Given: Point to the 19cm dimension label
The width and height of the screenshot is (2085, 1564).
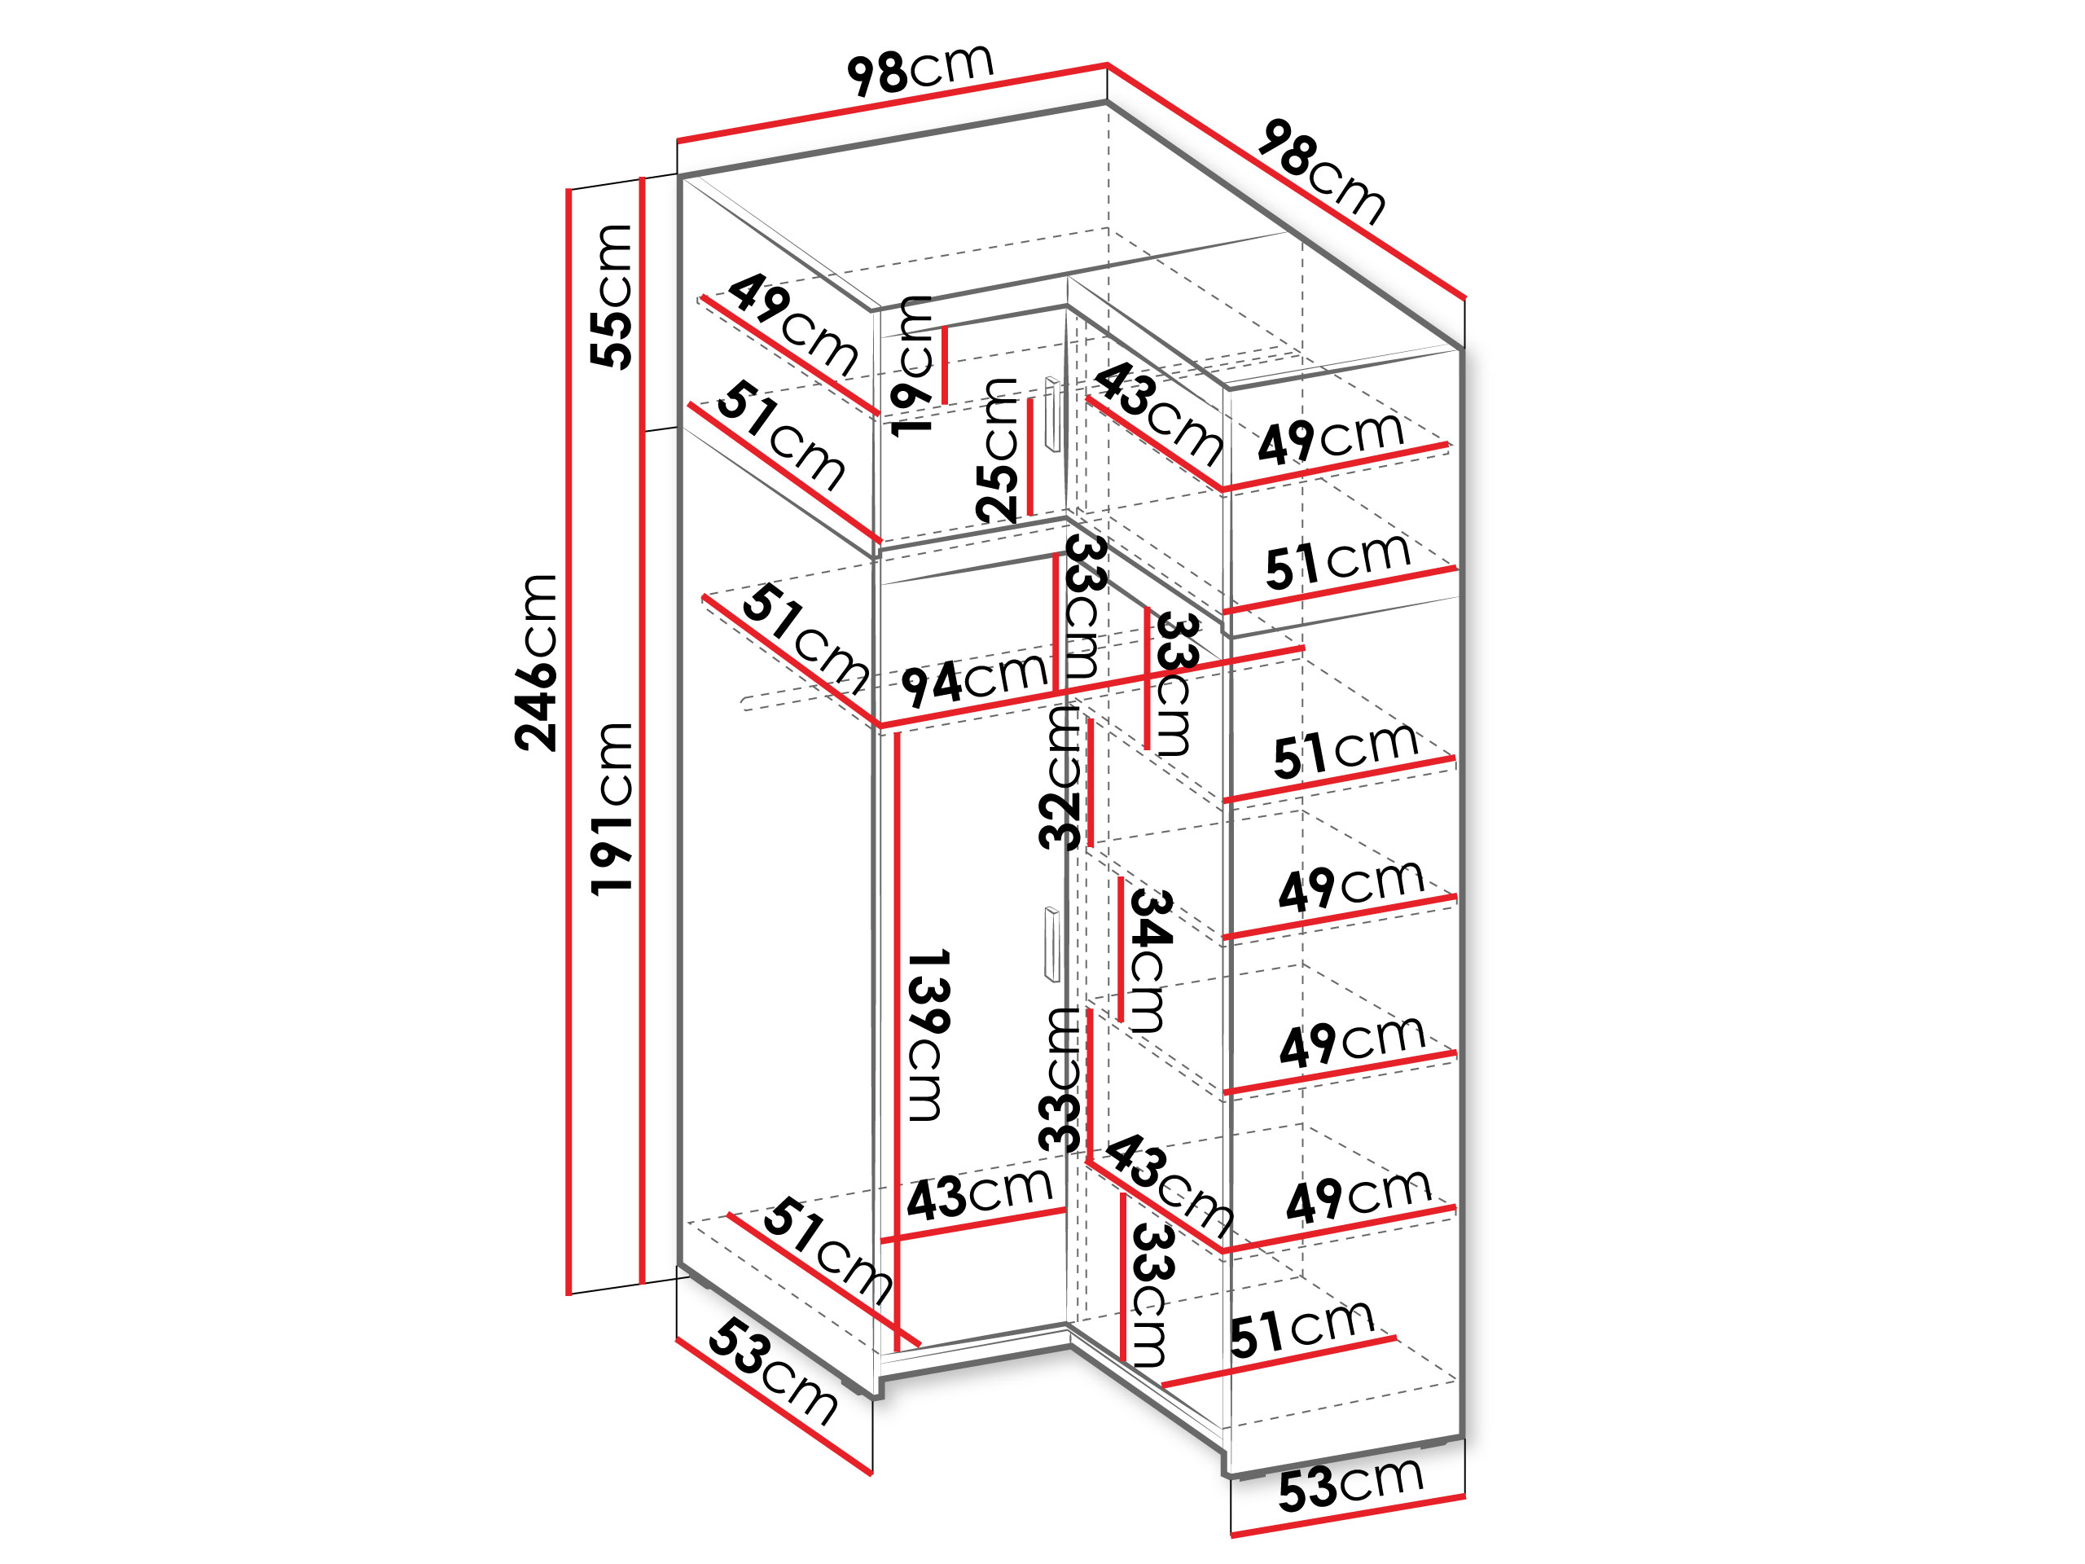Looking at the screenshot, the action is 911,366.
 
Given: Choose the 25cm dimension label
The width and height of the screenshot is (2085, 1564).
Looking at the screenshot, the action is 997,450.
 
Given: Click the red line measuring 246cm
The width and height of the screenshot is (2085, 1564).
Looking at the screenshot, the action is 568,742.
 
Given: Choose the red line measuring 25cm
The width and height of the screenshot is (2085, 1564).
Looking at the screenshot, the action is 1030,457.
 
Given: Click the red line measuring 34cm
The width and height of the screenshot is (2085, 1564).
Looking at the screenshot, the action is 1120,949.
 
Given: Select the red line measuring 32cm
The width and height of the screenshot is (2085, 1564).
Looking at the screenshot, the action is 1090,781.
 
